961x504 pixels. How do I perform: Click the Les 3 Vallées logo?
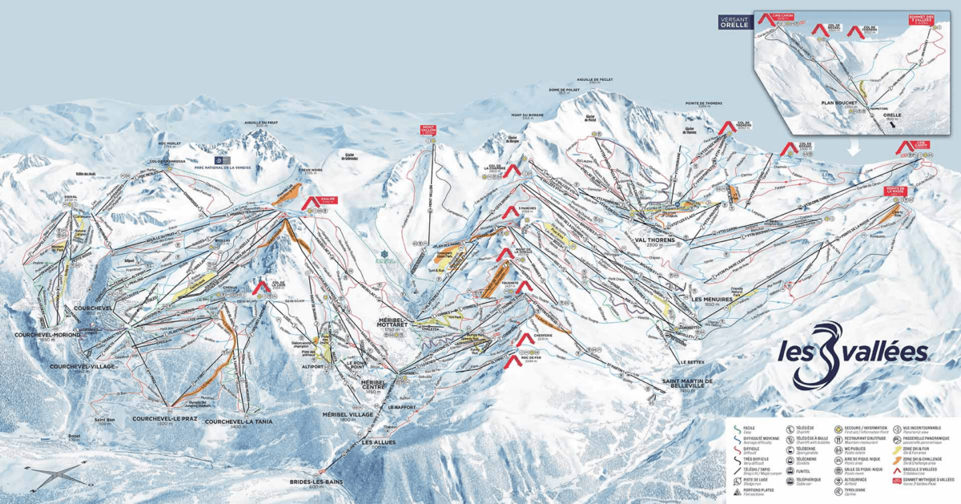pos(850,353)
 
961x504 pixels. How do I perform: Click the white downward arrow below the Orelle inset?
pos(854,147)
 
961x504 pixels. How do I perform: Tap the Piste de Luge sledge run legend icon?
pos(739,474)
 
